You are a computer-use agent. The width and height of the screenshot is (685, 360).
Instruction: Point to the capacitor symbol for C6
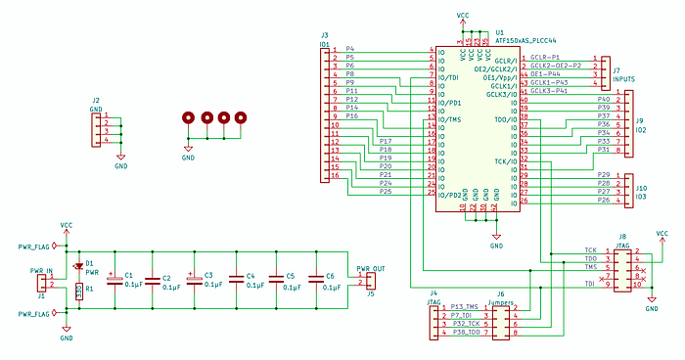(x=315, y=282)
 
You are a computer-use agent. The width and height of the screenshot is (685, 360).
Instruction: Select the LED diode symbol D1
(x=78, y=265)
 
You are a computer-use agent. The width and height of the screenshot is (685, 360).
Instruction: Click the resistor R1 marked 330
(x=79, y=290)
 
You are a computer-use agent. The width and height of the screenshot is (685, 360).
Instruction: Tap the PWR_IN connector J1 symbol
(x=42, y=282)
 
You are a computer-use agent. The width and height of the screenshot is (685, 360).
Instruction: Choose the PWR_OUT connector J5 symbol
(x=369, y=282)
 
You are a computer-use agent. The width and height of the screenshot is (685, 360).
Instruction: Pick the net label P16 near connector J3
(x=352, y=116)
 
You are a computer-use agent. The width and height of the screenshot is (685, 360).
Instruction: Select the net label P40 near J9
(x=603, y=100)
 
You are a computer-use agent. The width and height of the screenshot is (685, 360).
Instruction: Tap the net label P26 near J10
(x=603, y=201)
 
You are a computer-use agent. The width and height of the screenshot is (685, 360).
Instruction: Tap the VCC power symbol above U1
(x=463, y=17)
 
